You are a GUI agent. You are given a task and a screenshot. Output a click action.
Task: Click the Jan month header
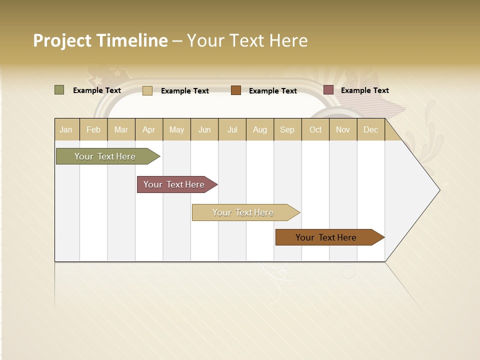[66, 129]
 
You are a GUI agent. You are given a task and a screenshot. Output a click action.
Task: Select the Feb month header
[93, 129]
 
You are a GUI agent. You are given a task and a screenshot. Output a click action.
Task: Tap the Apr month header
[149, 129]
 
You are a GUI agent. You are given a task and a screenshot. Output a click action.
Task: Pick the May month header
[176, 129]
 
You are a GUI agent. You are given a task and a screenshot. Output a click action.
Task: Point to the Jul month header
[232, 129]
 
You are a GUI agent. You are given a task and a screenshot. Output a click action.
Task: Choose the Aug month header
[260, 129]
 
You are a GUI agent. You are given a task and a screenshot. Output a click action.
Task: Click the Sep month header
[287, 129]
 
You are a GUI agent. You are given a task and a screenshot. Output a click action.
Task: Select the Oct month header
[315, 129]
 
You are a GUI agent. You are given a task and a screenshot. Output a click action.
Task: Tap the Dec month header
[371, 129]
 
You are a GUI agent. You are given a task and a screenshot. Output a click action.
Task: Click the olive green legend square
[59, 90]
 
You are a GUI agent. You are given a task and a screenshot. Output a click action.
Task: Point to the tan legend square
[147, 90]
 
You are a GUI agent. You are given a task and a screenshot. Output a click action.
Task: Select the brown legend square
[236, 90]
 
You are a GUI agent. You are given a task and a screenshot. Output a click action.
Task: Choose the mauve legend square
[328, 90]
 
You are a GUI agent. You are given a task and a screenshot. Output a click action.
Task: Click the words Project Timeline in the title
[100, 40]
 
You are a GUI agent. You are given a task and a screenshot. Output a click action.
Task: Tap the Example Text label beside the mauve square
[365, 90]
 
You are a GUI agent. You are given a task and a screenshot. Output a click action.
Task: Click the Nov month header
[343, 129]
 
